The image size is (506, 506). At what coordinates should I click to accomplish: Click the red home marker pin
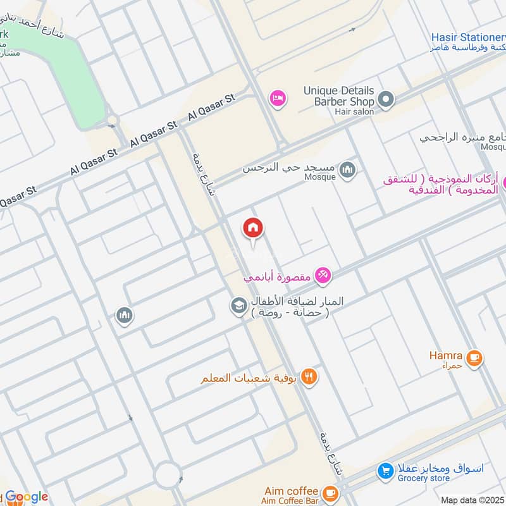click(253, 229)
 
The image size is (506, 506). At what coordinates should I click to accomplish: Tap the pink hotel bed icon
click(277, 98)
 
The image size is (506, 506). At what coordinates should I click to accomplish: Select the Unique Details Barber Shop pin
click(386, 99)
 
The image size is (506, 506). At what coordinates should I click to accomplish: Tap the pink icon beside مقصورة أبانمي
click(323, 275)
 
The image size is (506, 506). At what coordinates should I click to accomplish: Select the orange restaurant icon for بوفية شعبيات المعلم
click(309, 378)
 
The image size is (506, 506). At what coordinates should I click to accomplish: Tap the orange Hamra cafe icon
click(474, 359)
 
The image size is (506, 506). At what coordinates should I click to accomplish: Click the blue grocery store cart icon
click(385, 471)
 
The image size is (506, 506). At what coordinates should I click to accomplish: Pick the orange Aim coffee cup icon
click(329, 493)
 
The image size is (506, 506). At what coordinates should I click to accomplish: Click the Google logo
click(27, 497)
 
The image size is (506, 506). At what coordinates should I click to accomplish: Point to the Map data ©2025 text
click(472, 500)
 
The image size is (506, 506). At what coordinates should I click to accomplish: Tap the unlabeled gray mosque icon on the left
click(125, 315)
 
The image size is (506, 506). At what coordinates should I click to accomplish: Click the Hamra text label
click(445, 355)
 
